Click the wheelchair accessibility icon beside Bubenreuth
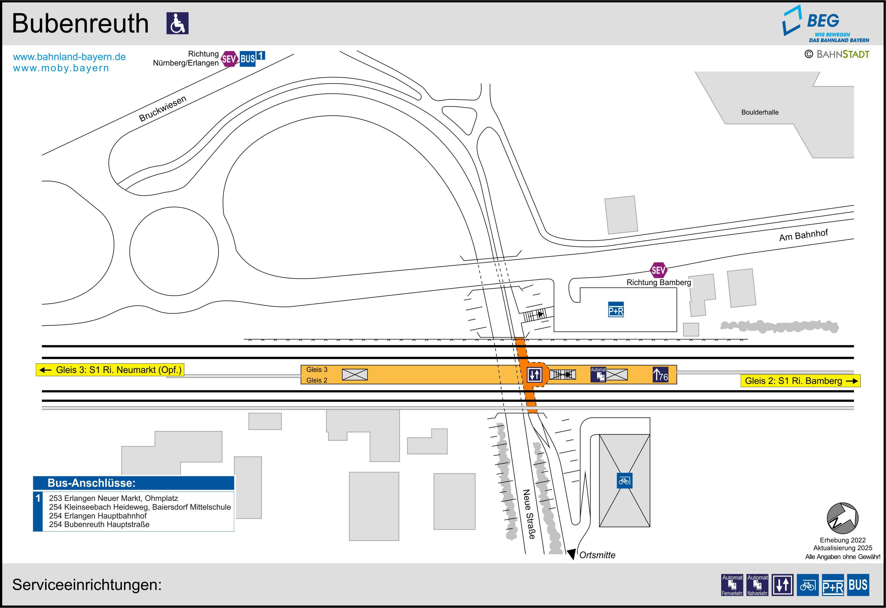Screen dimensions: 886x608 pos(177,23)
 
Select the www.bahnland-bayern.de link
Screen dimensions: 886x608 pos(69,57)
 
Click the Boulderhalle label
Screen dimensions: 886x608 pos(760,112)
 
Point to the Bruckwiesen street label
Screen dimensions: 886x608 pos(163,109)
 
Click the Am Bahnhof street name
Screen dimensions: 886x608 pos(803,235)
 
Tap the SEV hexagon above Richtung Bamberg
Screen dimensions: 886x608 pos(658,270)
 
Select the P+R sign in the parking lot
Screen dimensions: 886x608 pos(616,310)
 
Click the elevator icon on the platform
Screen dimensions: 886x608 pos(534,375)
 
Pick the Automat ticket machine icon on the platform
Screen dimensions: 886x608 pos(598,375)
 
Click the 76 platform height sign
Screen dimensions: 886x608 pos(660,375)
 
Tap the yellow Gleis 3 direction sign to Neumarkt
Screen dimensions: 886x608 pos(110,370)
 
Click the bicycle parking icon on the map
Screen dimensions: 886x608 pos(624,481)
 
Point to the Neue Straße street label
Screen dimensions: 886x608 pos(529,514)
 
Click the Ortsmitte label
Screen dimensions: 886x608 pos(597,555)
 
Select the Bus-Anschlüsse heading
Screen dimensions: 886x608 pos(91,483)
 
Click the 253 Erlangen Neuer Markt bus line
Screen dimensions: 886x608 pos(114,498)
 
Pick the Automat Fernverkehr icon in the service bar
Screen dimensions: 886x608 pos(732,585)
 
